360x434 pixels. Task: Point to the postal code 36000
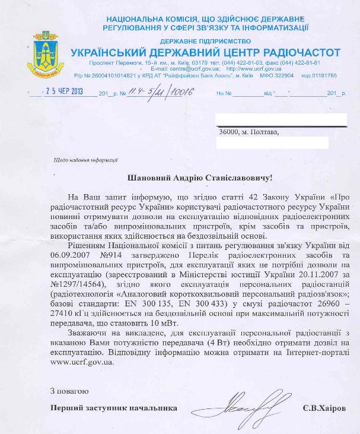point(228,132)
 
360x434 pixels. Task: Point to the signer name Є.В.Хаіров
point(325,408)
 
